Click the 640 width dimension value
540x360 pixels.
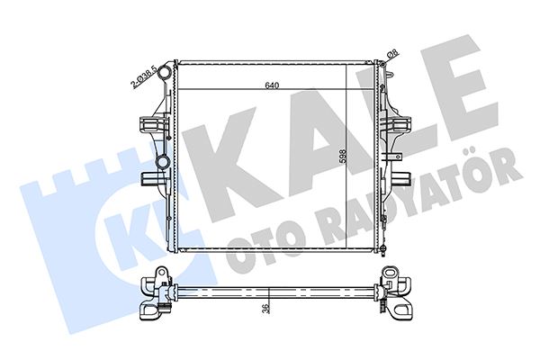(x=272, y=85)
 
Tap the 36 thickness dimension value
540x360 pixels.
(x=265, y=308)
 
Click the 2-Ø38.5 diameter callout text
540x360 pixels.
(x=143, y=76)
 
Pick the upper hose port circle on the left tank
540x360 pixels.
(x=165, y=72)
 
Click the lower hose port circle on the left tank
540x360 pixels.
(x=162, y=161)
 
